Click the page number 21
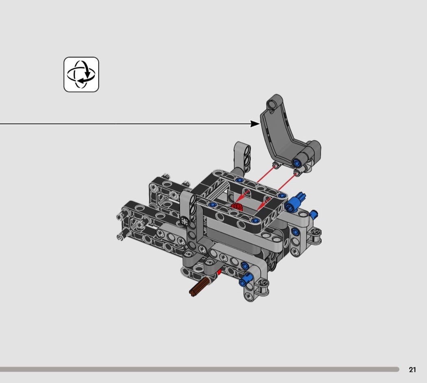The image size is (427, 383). tap(412, 370)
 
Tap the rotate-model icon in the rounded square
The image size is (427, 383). tap(81, 74)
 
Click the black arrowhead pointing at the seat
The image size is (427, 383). tap(255, 124)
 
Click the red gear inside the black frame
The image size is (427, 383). tap(237, 206)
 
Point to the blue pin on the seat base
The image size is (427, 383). tap(296, 163)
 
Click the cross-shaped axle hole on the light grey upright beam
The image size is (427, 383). tap(184, 220)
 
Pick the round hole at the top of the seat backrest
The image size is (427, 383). tap(271, 104)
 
